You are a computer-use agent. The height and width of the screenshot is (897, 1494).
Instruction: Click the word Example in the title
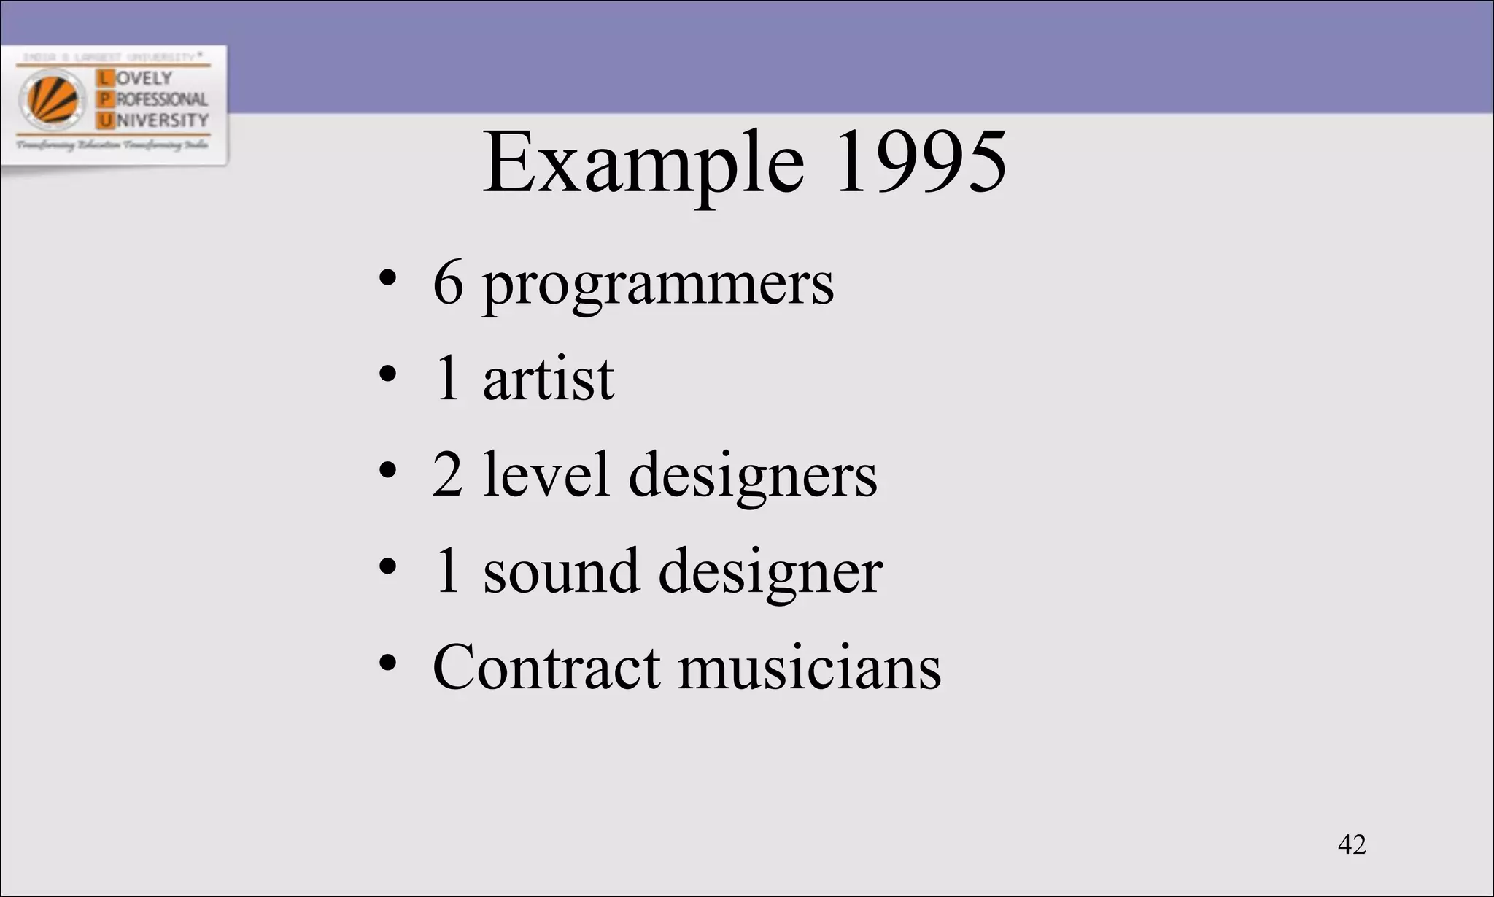point(643,163)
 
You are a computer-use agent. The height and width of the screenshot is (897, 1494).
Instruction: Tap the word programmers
point(657,285)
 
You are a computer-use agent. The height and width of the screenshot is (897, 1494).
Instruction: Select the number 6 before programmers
point(448,283)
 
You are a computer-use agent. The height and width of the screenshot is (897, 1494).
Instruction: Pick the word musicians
point(810,668)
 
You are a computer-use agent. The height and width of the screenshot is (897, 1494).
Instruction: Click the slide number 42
point(1352,844)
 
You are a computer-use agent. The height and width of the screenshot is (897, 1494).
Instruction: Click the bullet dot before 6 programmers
point(387,278)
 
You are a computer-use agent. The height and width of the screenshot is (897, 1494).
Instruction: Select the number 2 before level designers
point(447,475)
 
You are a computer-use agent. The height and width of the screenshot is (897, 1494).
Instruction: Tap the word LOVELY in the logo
point(144,77)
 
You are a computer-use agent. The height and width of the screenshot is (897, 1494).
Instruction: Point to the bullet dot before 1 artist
point(387,374)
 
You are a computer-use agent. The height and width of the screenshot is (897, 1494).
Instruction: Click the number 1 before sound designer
point(448,571)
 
